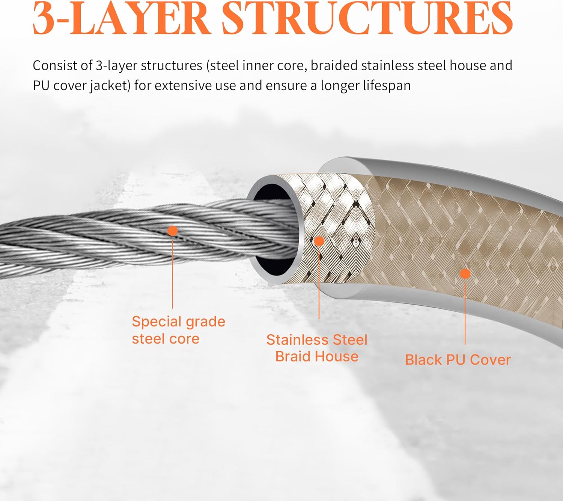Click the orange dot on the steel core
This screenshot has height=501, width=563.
[x=172, y=231]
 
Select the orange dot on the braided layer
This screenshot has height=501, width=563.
[x=319, y=241]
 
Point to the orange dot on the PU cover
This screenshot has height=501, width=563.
[x=465, y=274]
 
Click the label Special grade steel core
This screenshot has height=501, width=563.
[x=178, y=330]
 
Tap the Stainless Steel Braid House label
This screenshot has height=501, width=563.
[x=317, y=348]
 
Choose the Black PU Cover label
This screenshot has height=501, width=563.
[x=458, y=360]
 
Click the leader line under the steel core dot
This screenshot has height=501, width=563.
[x=172, y=274]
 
